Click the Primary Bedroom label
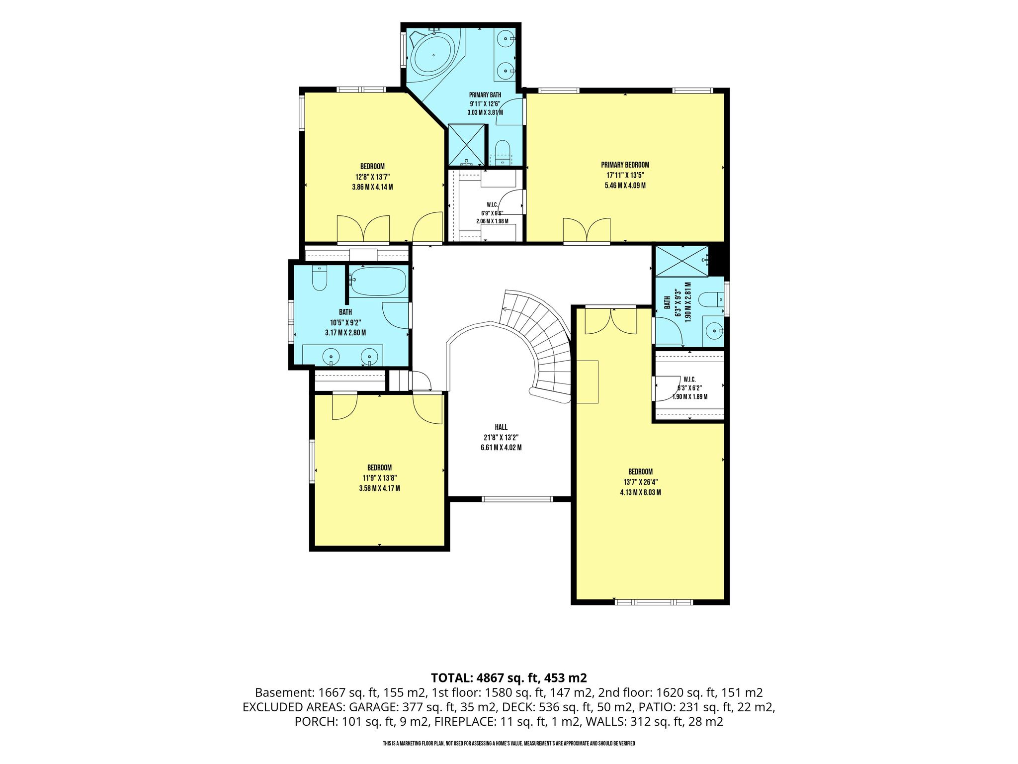(x=625, y=165)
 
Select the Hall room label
(x=501, y=427)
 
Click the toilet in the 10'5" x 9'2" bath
(x=319, y=278)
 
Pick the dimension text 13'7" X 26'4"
(x=640, y=482)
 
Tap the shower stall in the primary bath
(x=466, y=144)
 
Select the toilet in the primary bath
(x=503, y=152)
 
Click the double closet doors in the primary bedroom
(x=587, y=230)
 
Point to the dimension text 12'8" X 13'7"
(x=372, y=177)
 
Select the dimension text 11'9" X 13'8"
(x=379, y=478)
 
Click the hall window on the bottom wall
(x=517, y=498)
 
